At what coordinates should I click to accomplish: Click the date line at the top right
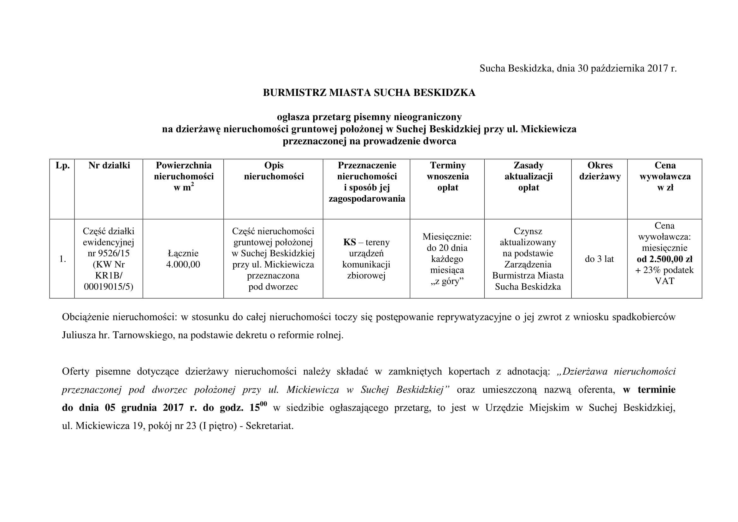click(578, 68)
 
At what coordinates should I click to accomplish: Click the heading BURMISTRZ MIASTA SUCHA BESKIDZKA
click(369, 93)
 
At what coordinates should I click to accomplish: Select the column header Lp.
click(62, 166)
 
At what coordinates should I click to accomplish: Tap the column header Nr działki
click(109, 166)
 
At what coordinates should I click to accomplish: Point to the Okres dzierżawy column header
click(600, 171)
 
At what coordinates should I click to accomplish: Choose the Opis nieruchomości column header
click(274, 171)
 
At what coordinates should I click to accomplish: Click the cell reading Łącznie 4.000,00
click(183, 259)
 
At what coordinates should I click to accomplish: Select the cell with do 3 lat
click(599, 259)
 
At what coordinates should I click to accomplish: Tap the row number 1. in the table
click(62, 259)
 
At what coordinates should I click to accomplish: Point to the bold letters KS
click(349, 242)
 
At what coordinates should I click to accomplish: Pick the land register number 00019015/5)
click(109, 287)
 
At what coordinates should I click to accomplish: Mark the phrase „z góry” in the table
click(447, 281)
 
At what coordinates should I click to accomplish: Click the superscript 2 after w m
click(192, 185)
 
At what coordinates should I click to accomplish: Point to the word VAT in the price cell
click(664, 281)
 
